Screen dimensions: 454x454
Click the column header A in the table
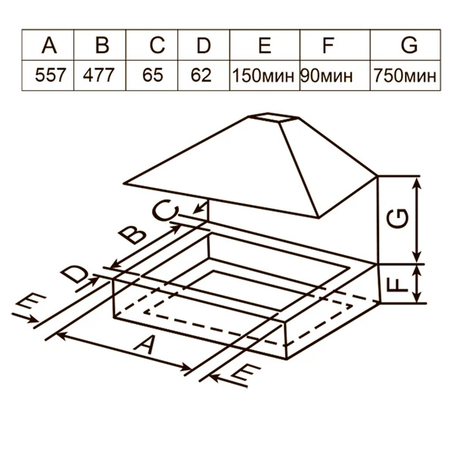point(51,45)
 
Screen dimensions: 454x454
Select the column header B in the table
point(102,45)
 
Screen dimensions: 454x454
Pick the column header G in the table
point(409,45)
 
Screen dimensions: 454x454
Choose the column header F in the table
point(327,45)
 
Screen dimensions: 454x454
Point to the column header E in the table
point(264,45)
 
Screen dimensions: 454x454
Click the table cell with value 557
point(51,76)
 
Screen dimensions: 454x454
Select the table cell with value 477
point(102,76)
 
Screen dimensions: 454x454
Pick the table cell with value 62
point(202,76)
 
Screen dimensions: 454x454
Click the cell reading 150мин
point(264,76)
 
